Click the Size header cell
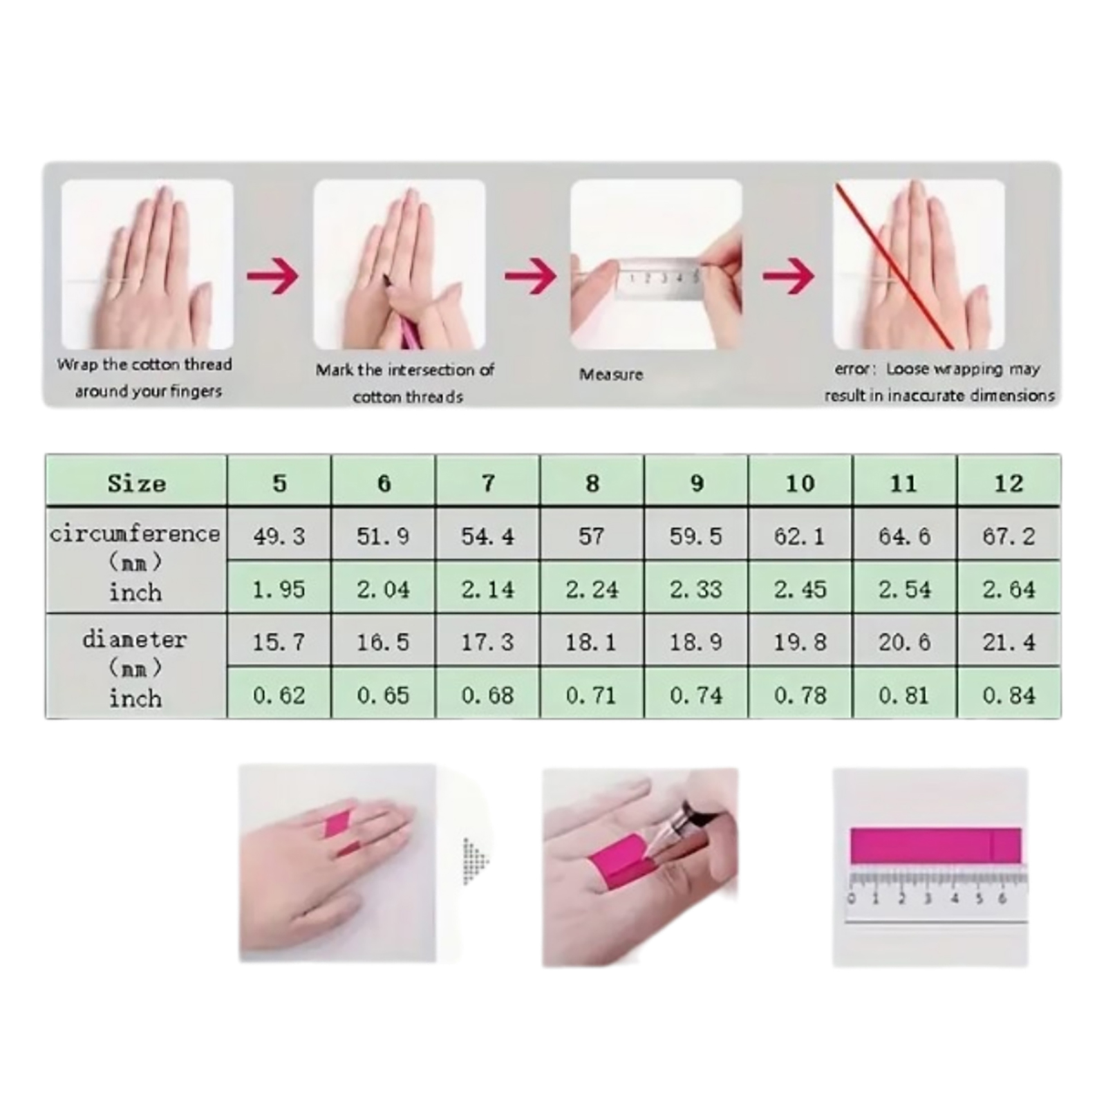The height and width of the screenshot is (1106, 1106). pyautogui.click(x=136, y=482)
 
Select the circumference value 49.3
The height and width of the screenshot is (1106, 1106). pyautogui.click(x=279, y=536)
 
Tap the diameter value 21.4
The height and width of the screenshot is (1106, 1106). pyautogui.click(x=1009, y=642)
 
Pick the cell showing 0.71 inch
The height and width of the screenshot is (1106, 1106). pyautogui.click(x=591, y=695)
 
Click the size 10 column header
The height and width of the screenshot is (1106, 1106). pyautogui.click(x=800, y=482)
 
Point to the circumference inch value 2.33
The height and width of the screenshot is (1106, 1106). pyautogui.click(x=695, y=589)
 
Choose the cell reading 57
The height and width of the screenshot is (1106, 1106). pyautogui.click(x=591, y=536)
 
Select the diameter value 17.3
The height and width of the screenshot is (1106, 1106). pyautogui.click(x=487, y=642)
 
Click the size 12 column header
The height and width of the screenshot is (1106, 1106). pyautogui.click(x=1009, y=482)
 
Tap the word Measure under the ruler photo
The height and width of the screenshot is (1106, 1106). pyautogui.click(x=611, y=375)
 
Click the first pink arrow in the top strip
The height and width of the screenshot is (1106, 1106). pyautogui.click(x=272, y=276)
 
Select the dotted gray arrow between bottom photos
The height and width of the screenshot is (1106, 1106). pyautogui.click(x=476, y=861)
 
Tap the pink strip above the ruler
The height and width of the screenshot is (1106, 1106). pyautogui.click(x=935, y=845)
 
